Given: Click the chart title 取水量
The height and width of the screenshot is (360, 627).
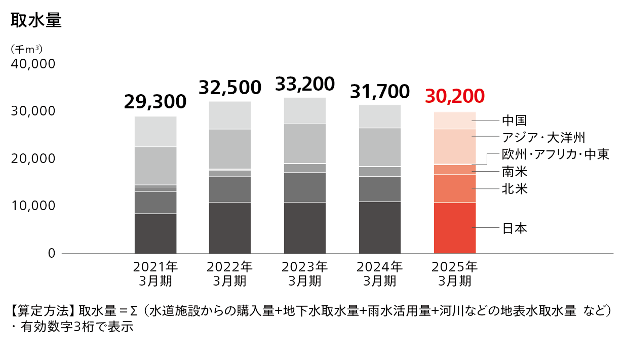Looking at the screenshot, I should [x=36, y=21].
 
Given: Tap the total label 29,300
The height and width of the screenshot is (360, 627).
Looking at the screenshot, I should [x=155, y=102].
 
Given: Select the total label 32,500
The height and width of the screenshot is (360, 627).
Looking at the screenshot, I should [x=230, y=87].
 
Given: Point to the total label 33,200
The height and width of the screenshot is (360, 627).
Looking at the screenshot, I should [x=305, y=84].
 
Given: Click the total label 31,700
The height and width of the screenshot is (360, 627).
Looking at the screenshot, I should [x=380, y=91].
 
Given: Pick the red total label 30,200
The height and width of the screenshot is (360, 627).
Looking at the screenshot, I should [x=455, y=95].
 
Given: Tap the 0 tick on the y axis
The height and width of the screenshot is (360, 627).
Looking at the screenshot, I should [x=51, y=253].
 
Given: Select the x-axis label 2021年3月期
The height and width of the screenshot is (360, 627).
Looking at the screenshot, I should [x=155, y=273].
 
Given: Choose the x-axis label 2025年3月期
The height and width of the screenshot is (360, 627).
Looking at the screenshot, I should [x=455, y=273].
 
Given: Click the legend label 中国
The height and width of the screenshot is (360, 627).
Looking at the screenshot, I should [x=515, y=121].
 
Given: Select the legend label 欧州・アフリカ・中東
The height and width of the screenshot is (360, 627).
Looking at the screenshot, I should [x=555, y=154].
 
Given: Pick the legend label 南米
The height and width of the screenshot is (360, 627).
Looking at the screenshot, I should [x=515, y=172].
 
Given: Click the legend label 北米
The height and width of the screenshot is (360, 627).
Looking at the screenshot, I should [x=515, y=189].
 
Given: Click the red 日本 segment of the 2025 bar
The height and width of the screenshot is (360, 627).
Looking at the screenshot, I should [x=455, y=228].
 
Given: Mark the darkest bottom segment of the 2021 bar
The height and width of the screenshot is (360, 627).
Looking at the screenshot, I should [x=155, y=233].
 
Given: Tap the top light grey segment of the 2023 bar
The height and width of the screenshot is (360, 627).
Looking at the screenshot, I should [x=305, y=110].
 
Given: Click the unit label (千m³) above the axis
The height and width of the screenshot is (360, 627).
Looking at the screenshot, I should [x=26, y=49].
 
